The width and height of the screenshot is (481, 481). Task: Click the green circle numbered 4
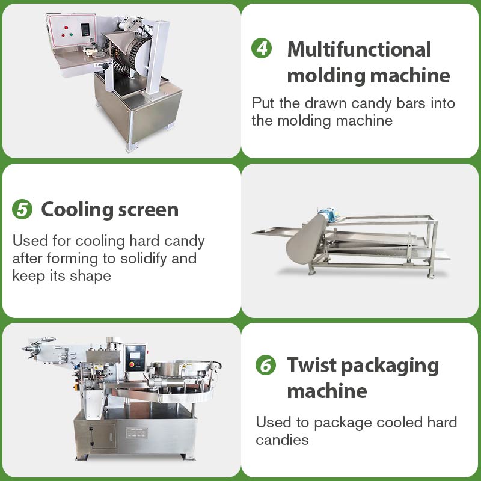(x=262, y=49)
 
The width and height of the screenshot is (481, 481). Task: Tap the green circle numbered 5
(x=22, y=210)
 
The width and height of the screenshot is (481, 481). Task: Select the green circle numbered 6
(x=266, y=365)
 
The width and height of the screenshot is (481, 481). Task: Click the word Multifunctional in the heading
(x=359, y=49)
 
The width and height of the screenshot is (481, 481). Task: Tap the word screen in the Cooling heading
(x=149, y=210)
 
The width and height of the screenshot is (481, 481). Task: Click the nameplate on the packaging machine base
(x=136, y=433)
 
